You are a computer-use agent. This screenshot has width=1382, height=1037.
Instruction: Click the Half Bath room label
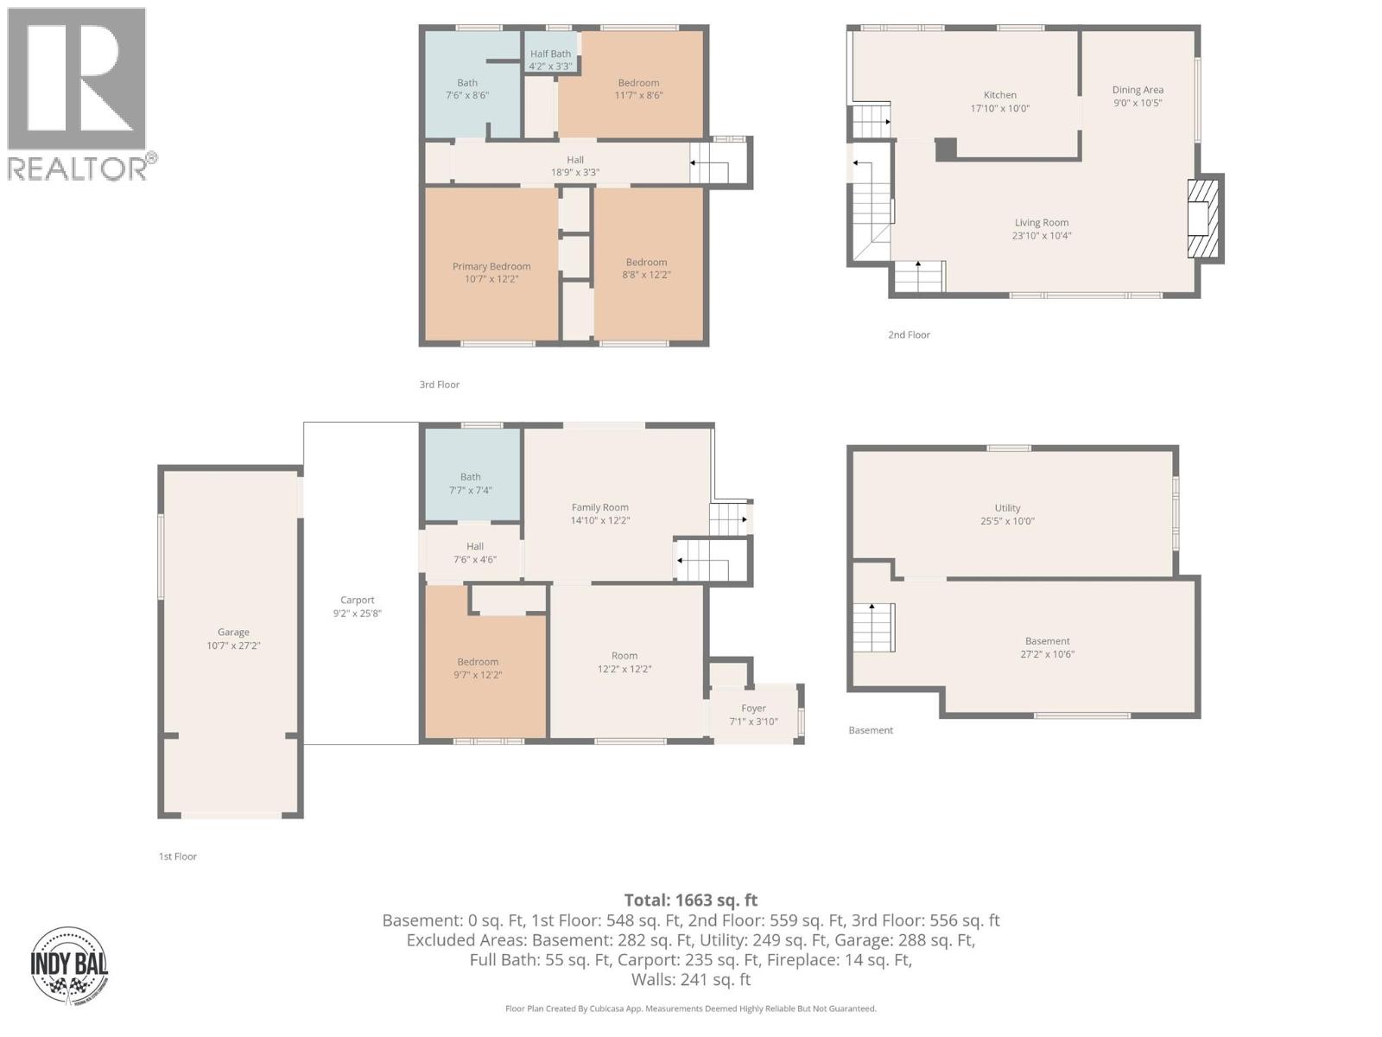pyautogui.click(x=550, y=54)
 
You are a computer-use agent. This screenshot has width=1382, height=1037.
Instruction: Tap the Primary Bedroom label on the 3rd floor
pyautogui.click(x=491, y=266)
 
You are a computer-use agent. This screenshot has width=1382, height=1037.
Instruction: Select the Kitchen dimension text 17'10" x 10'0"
pyautogui.click(x=1000, y=109)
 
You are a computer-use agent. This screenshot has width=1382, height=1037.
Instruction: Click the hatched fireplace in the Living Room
pyautogui.click(x=1202, y=218)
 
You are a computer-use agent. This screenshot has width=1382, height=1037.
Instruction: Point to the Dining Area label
pyautogui.click(x=1138, y=90)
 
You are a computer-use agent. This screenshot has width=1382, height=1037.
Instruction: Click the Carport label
pyautogui.click(x=357, y=600)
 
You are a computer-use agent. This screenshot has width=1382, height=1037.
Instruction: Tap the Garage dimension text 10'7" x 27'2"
pyautogui.click(x=233, y=646)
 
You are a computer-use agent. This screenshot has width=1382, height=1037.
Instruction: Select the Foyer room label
pyautogui.click(x=753, y=708)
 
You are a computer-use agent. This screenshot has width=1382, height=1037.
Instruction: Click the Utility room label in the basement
pyautogui.click(x=1007, y=508)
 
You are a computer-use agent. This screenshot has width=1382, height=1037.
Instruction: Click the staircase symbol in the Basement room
pyautogui.click(x=873, y=628)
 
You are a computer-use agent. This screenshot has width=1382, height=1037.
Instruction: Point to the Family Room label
pyautogui.click(x=599, y=507)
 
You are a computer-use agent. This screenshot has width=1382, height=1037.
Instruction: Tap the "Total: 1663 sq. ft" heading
pyautogui.click(x=691, y=900)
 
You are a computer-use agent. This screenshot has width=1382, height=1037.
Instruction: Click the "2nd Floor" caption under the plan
pyautogui.click(x=909, y=334)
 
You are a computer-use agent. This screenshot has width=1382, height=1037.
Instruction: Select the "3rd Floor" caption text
pyautogui.click(x=439, y=385)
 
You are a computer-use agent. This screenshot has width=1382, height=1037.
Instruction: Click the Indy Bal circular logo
pyautogui.click(x=69, y=965)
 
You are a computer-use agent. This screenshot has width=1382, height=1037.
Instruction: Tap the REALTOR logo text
pyautogui.click(x=78, y=169)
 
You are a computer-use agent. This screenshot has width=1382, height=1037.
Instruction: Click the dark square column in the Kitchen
pyautogui.click(x=946, y=150)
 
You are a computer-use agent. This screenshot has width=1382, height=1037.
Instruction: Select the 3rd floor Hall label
pyautogui.click(x=575, y=160)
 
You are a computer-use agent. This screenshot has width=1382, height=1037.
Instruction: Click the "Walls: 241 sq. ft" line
pyautogui.click(x=691, y=979)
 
